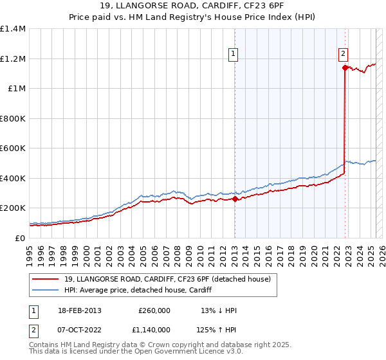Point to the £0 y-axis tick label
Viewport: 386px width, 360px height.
21,238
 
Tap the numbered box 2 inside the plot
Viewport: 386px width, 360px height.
344,55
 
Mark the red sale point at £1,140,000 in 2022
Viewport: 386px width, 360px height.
345,67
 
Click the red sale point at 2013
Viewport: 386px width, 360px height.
235,199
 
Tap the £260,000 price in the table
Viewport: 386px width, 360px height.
154,310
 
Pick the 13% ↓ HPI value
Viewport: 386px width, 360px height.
219,310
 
